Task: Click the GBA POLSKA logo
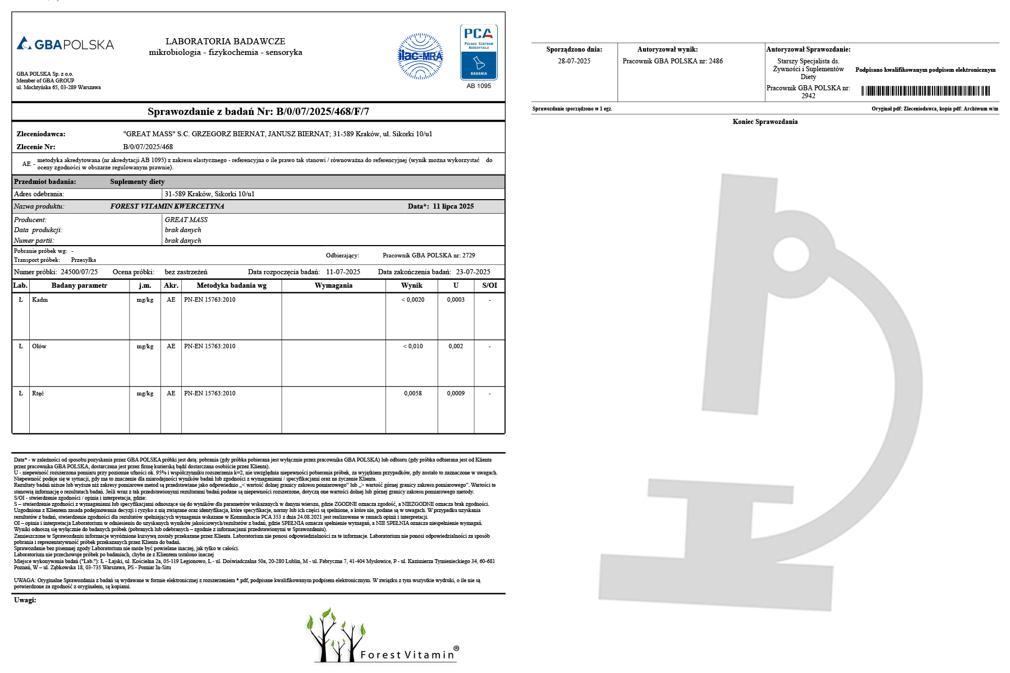tap(65, 44)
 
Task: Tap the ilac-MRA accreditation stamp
tap(420, 56)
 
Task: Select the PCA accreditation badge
tap(479, 52)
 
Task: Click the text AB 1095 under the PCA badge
tap(479, 86)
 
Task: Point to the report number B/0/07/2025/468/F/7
tap(323, 112)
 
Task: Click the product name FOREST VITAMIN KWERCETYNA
tap(167, 206)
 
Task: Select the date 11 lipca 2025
tap(453, 206)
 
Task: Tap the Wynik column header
tap(411, 285)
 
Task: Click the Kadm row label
tap(40, 300)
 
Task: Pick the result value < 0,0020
tap(412, 300)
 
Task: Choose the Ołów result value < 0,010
tap(412, 347)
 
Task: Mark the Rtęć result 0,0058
tap(412, 394)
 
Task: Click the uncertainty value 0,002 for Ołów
tap(456, 347)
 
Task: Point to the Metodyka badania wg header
tap(231, 285)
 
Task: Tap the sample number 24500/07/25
tap(79, 272)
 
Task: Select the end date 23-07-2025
tap(473, 272)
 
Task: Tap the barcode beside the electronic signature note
tap(925, 91)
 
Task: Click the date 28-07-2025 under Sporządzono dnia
tap(574, 61)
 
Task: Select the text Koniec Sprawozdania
tap(765, 122)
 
